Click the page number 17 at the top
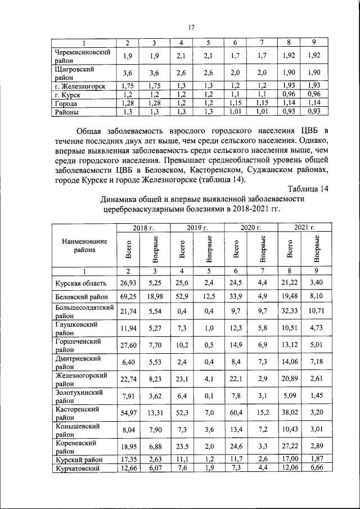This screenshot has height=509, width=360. pyautogui.click(x=191, y=27)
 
